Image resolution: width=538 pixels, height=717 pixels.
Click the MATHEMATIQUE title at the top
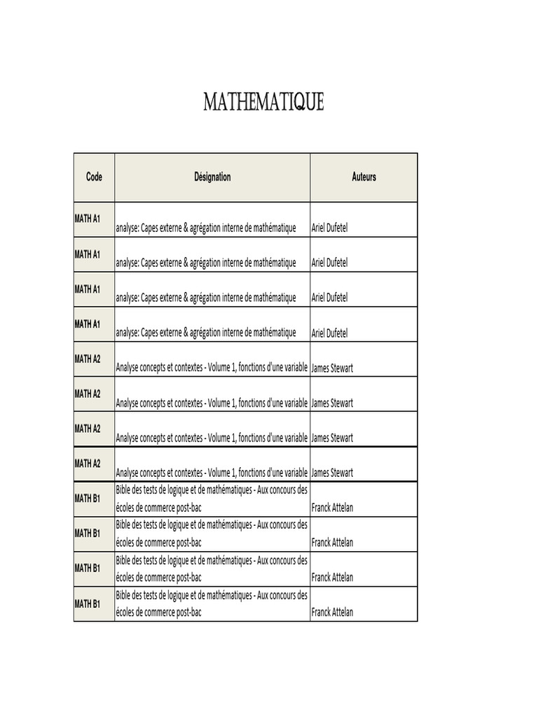click(x=263, y=103)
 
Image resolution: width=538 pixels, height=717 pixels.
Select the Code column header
click(x=94, y=177)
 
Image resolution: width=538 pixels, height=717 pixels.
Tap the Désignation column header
click(x=212, y=177)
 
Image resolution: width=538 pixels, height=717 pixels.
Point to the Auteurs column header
click(x=364, y=177)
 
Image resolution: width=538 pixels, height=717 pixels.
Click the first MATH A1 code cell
click(x=88, y=219)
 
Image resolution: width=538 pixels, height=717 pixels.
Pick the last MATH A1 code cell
click(x=88, y=324)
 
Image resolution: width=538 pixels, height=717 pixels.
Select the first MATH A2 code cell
click(x=88, y=359)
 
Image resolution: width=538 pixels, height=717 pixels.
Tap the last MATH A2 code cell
click(x=88, y=464)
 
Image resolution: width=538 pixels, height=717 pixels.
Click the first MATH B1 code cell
click(x=88, y=499)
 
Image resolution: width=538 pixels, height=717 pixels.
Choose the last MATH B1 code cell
click(x=88, y=604)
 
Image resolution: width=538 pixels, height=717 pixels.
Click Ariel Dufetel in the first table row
click(x=329, y=228)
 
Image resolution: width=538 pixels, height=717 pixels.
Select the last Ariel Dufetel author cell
click(x=329, y=333)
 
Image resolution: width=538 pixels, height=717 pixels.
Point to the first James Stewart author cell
click(x=332, y=368)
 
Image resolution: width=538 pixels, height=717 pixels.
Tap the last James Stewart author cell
click(x=332, y=473)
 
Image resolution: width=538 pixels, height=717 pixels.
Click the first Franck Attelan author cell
click(x=332, y=508)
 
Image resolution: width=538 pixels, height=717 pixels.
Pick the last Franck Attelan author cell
click(x=332, y=613)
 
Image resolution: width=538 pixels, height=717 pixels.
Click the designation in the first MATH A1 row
click(x=206, y=228)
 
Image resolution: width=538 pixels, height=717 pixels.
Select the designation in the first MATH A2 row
click(x=212, y=368)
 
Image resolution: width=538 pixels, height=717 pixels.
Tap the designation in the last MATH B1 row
click(x=212, y=604)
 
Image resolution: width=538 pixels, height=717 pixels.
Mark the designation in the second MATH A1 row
click(x=206, y=263)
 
